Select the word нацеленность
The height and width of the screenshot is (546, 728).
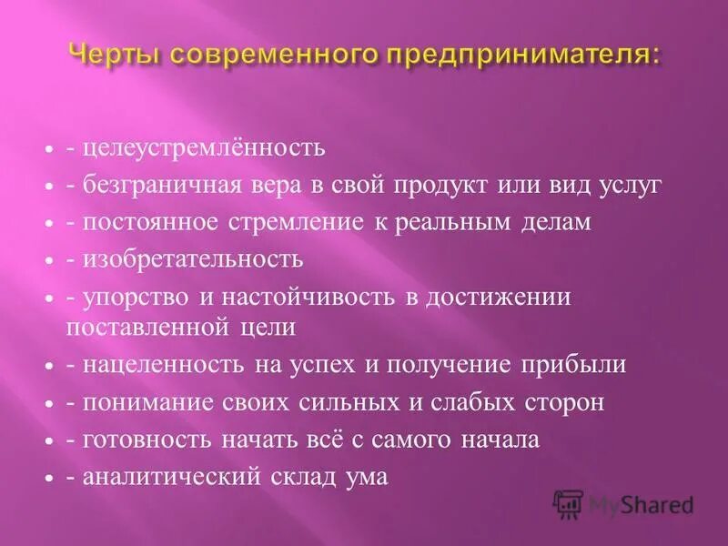pyautogui.click(x=153, y=365)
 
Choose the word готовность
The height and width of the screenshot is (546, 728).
pyautogui.click(x=143, y=440)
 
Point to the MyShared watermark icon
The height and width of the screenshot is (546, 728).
pyautogui.click(x=569, y=503)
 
